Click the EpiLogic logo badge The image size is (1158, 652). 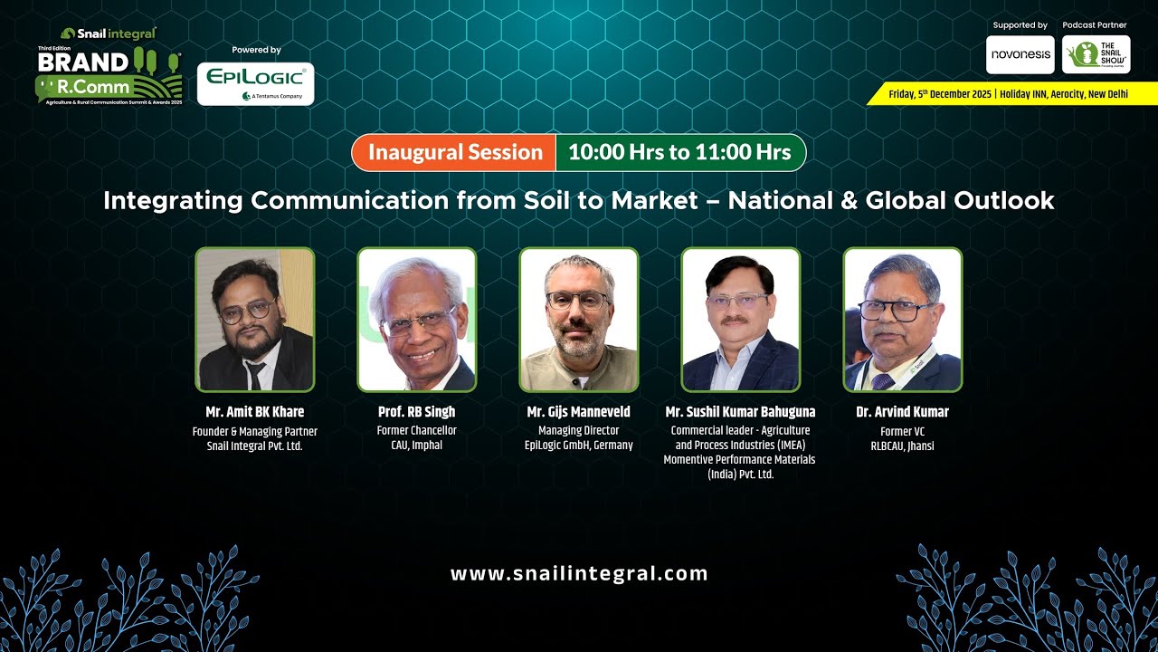click(255, 83)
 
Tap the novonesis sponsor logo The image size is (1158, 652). click(1020, 54)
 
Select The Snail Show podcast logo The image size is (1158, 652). click(1096, 54)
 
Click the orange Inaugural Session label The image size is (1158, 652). click(454, 152)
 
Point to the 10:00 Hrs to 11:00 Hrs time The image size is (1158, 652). click(679, 152)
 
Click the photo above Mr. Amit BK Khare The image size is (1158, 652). click(255, 319)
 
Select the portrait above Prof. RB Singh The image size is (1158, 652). click(416, 319)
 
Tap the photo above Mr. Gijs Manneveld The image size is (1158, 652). click(578, 319)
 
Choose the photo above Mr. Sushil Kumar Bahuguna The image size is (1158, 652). click(740, 319)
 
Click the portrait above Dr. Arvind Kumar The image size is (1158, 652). click(902, 319)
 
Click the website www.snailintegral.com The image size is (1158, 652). click(579, 573)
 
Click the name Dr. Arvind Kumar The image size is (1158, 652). click(902, 412)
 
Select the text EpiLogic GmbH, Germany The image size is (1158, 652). click(578, 446)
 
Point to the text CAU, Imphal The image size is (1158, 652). click(416, 446)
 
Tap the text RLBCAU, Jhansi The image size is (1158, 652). click(902, 446)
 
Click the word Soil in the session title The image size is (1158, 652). click(547, 200)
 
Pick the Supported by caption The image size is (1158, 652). click(1020, 25)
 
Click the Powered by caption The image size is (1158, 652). click(256, 50)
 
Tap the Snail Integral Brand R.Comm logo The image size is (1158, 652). click(109, 66)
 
